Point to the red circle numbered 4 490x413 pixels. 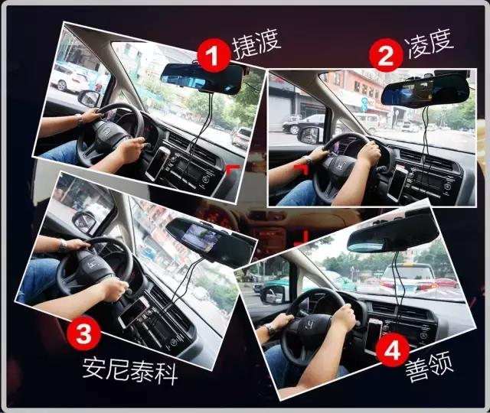pos(392,353)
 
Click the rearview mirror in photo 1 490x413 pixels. pos(201,76)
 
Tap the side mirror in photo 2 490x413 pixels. pos(309,135)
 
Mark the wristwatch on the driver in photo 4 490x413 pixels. pos(269,330)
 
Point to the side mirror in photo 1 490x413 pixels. pos(90,98)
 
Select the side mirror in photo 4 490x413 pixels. pos(272,294)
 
